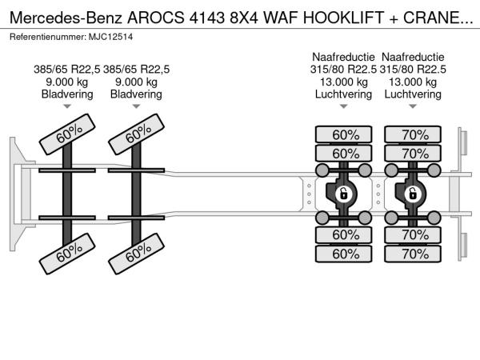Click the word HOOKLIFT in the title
pos(343,18)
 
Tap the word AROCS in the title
pos(156,18)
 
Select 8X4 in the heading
pos(244,18)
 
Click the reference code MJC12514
pos(111,37)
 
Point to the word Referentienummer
pos(48,37)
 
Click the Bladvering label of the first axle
pos(67,94)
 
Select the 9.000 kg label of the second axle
pos(136,82)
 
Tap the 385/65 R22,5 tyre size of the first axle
pos(66,70)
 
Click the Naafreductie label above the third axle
pos(343,57)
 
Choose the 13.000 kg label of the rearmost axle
pos(413,82)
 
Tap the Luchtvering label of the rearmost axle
pos(413,94)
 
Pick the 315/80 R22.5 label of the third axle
pos(343,70)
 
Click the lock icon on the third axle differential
pos(344,194)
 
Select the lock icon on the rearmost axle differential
pos(413,194)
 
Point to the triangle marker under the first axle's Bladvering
pos(67,106)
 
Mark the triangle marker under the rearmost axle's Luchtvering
pos(413,106)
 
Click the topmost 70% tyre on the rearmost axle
pos(413,134)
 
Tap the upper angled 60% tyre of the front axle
pos(67,134)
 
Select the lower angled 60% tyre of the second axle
pos(136,254)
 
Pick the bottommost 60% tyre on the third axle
pos(343,254)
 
